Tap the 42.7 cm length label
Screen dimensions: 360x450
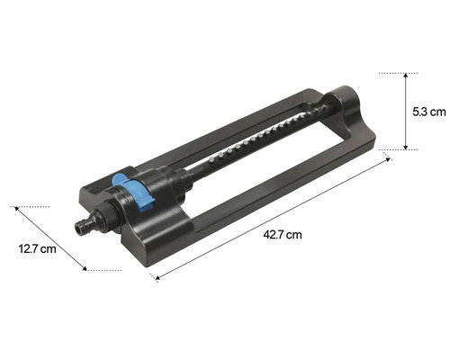[282, 234]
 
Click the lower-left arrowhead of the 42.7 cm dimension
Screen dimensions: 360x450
[157, 278]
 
